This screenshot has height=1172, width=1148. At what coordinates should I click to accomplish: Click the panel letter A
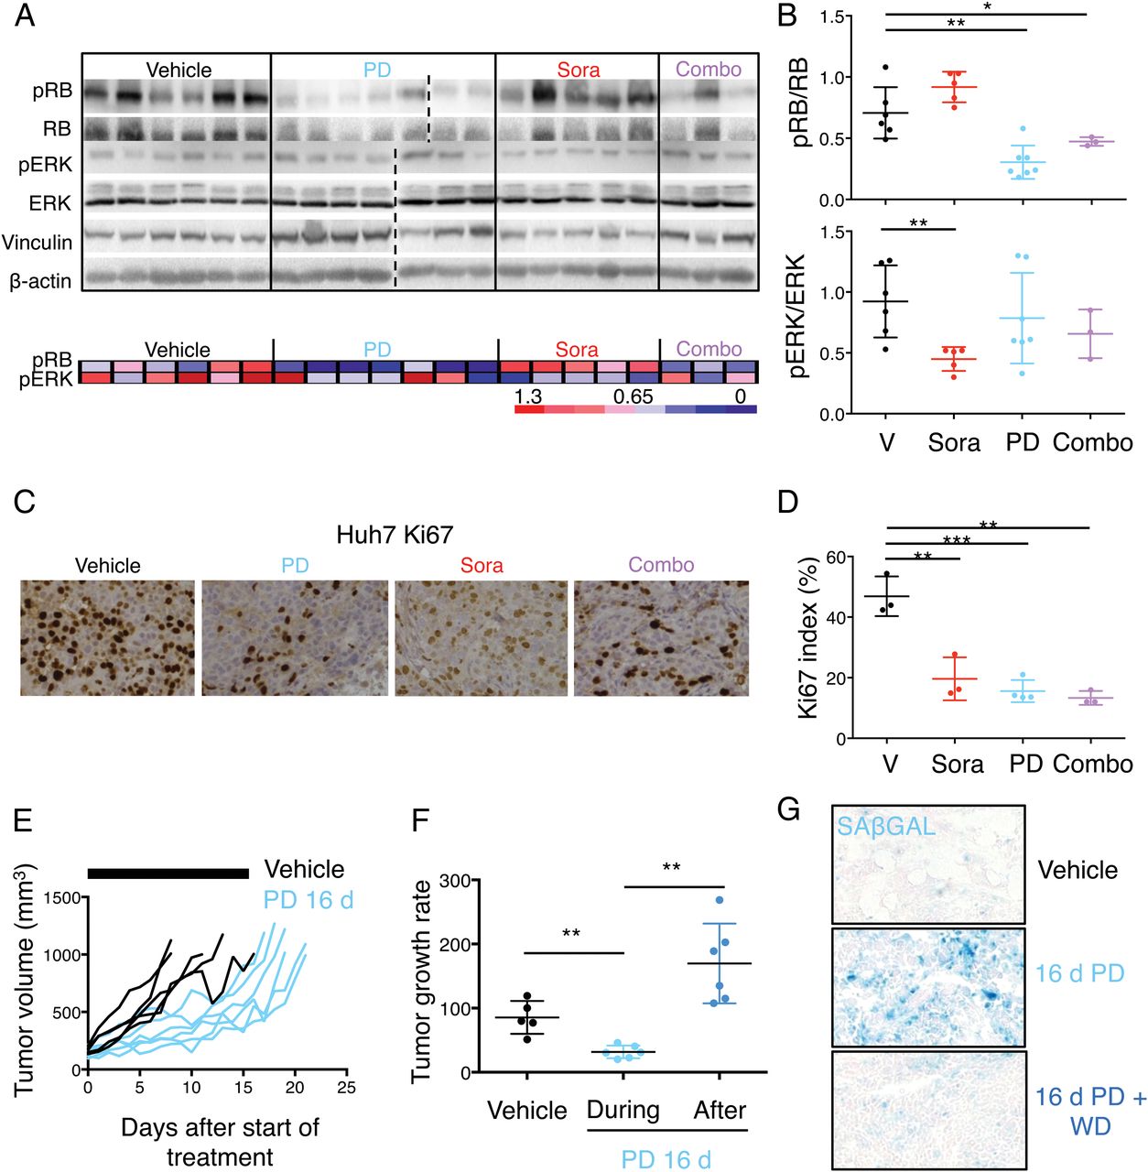[25, 16]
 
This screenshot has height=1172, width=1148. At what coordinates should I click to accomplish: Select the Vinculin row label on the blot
[38, 242]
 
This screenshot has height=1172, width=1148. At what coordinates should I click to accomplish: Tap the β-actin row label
[40, 281]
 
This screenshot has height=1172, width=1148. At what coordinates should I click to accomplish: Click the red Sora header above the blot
[578, 70]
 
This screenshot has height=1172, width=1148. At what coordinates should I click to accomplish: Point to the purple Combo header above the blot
[709, 70]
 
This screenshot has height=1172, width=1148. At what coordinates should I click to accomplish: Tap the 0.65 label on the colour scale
[633, 396]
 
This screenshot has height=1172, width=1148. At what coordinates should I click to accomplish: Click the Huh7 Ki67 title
[395, 535]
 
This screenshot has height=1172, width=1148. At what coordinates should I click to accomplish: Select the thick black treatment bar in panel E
[168, 874]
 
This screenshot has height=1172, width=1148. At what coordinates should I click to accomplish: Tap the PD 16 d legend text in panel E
[309, 899]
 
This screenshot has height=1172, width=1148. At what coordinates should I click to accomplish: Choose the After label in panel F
[720, 1110]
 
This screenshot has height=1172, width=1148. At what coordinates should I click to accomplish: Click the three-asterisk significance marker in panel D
[957, 540]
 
